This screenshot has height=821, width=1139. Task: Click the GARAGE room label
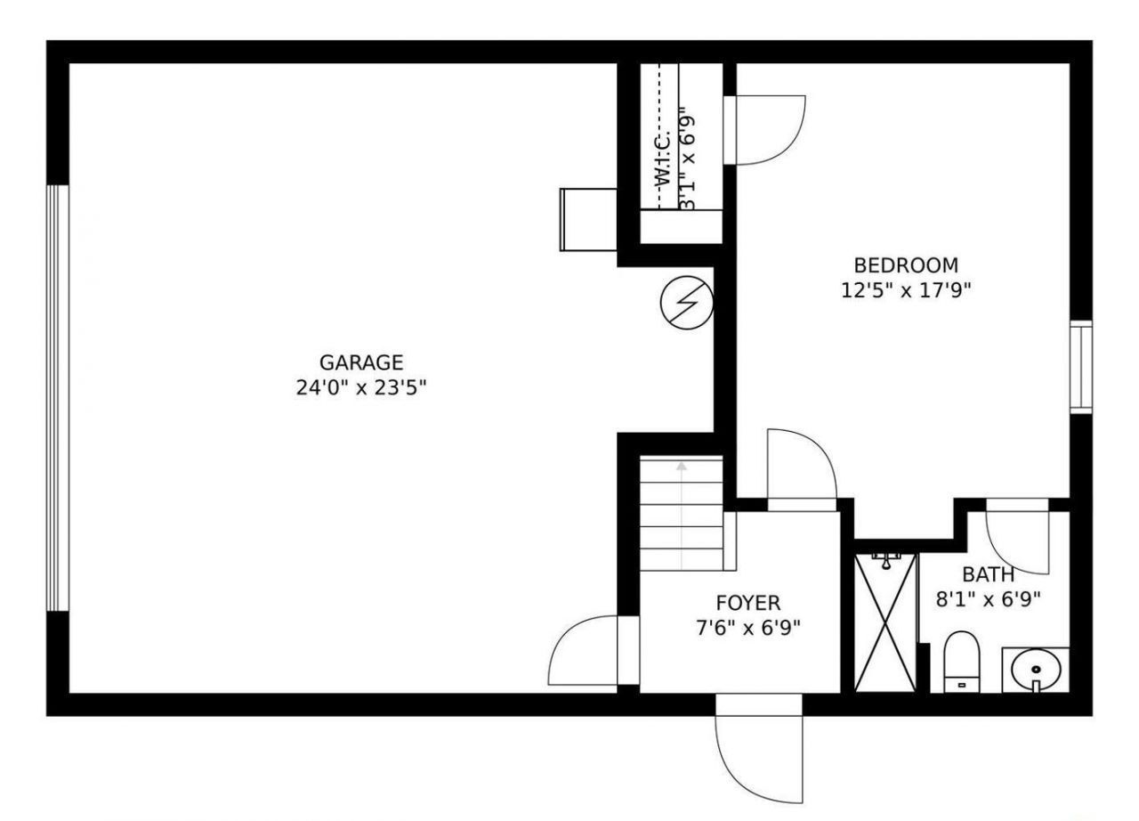tap(361, 362)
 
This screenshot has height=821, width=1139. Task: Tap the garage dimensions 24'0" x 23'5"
tap(361, 388)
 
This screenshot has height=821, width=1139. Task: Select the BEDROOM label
tap(906, 264)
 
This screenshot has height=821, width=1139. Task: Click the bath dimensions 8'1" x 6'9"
tap(988, 598)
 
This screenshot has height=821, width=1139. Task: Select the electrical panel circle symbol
tap(686, 303)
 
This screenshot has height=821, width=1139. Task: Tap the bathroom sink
tap(1036, 669)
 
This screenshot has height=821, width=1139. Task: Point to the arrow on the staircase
tap(682, 466)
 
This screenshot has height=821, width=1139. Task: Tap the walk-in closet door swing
tap(765, 130)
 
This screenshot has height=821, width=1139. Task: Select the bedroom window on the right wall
tap(1080, 366)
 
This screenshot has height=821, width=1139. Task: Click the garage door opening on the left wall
tap(58, 397)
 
